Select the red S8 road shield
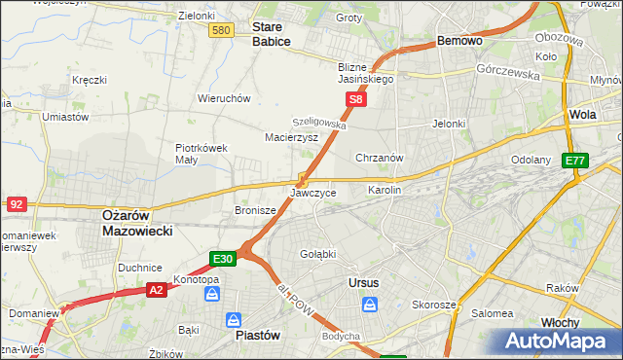(x=357, y=99)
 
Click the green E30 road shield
(x=223, y=259)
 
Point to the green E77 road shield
(x=575, y=162)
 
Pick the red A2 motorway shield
(x=156, y=289)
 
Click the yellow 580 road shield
(x=221, y=31)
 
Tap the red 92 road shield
(x=16, y=203)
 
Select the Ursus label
(x=362, y=282)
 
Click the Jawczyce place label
(x=313, y=193)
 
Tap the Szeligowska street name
(x=320, y=125)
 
